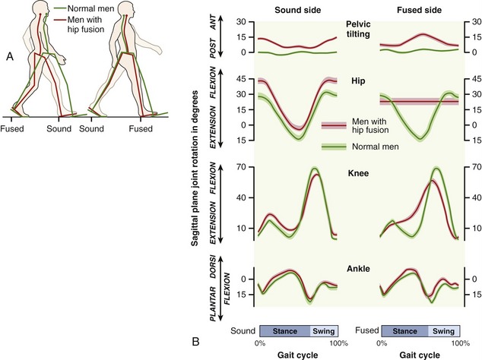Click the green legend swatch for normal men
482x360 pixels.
pos(334,146)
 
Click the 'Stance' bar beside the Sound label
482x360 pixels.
pos(285,331)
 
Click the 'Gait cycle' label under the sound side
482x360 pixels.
pos(297,354)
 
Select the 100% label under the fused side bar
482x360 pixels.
pos(462,343)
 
